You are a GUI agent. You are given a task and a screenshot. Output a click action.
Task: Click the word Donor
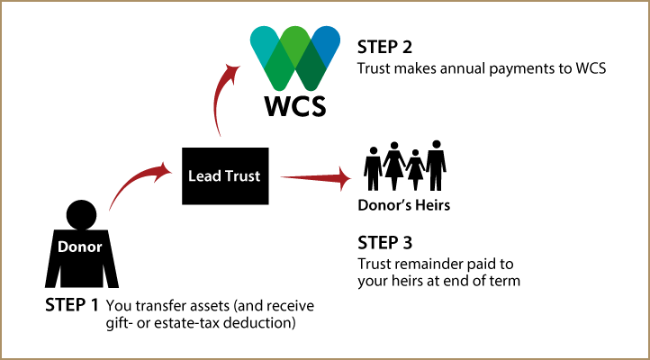pos(80,247)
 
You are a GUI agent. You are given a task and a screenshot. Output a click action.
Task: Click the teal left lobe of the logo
pos(263,41)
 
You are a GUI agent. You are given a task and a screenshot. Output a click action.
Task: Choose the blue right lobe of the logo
pos(327,41)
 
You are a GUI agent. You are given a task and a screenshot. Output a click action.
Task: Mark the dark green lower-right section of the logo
pos(311,74)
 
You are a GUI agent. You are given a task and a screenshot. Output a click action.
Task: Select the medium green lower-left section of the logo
pos(279,74)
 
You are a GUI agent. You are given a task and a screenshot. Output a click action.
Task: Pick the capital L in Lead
pos(192,176)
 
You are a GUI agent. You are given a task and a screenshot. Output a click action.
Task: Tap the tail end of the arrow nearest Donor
pos(111,209)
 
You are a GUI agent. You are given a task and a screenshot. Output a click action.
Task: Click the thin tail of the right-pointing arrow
pos(284,177)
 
